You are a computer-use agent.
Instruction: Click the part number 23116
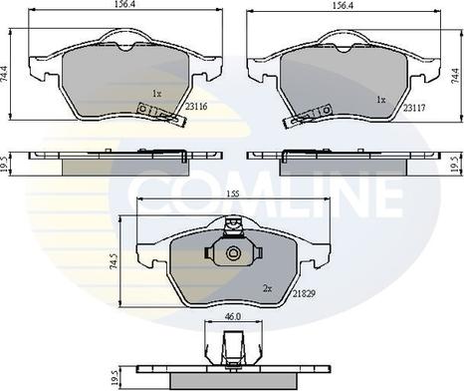tap(196, 107)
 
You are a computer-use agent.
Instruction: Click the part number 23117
tap(414, 108)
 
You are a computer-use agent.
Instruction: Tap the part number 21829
tap(304, 293)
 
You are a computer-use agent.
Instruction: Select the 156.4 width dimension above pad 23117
tap(344, 6)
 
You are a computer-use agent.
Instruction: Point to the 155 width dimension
tap(233, 195)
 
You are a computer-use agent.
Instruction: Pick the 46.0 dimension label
tap(233, 316)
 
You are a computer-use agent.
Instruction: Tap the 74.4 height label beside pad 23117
tap(458, 76)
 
